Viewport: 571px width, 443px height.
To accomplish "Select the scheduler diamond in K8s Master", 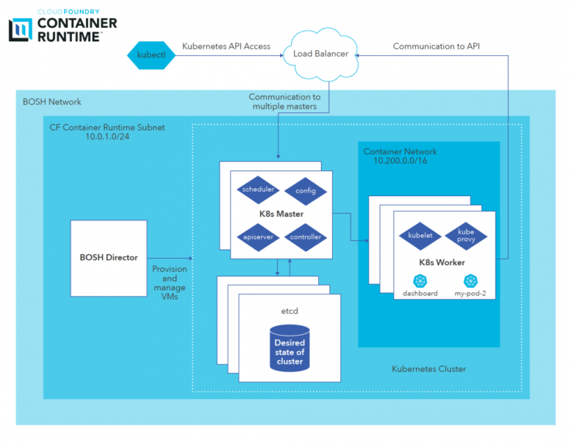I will pyautogui.click(x=257, y=190).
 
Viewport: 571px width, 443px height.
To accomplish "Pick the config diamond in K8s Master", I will pyautogui.click(x=305, y=190).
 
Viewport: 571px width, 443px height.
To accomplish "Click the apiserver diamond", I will pyautogui.click(x=257, y=238).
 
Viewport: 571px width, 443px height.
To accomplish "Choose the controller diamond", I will pyautogui.click(x=305, y=238).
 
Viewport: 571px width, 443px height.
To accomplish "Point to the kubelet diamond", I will pyautogui.click(x=420, y=236).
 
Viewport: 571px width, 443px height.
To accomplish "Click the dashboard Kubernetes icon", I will pyautogui.click(x=420, y=281).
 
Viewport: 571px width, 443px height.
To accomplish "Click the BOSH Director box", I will pyautogui.click(x=108, y=258).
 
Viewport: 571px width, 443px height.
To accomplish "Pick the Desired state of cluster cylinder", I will pyautogui.click(x=289, y=347).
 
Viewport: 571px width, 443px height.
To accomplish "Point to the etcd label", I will pyautogui.click(x=289, y=311).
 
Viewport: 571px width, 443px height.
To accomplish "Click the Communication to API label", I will pyautogui.click(x=437, y=46).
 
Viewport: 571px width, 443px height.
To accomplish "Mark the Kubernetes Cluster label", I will pyautogui.click(x=429, y=369).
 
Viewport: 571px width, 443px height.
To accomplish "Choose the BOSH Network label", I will pyautogui.click(x=52, y=101).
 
